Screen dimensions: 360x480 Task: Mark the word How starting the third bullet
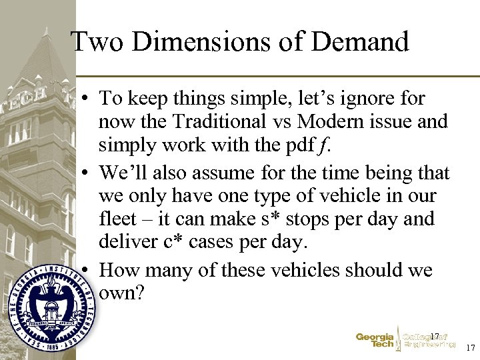[x=121, y=270]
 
